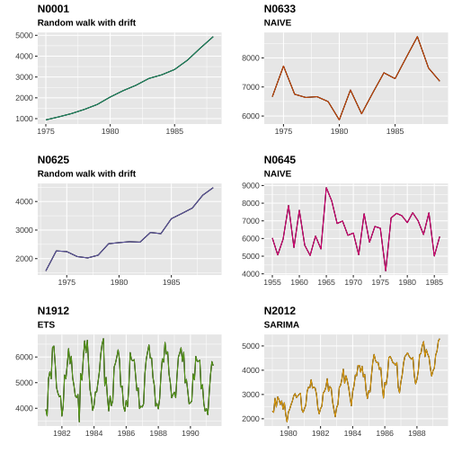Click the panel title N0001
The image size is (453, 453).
coord(53,9)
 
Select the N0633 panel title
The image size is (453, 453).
coord(280,9)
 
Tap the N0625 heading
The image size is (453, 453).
coord(53,160)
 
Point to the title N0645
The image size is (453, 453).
coord(280,160)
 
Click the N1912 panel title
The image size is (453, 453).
coord(53,311)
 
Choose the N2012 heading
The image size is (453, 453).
coord(280,311)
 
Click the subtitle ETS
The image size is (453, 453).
coord(46,324)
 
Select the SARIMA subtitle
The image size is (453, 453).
coord(281,324)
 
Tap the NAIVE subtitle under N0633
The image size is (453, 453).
coord(278,22)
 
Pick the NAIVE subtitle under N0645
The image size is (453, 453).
coord(278,173)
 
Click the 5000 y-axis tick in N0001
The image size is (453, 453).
coord(24,35)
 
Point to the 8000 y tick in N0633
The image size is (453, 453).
coord(251,58)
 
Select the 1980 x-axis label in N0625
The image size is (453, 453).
coord(119,282)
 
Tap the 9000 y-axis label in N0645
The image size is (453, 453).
coord(251,186)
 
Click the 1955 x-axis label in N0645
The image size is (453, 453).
coord(272,282)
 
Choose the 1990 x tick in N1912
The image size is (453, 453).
coord(191,433)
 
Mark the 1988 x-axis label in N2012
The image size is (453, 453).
coord(417,433)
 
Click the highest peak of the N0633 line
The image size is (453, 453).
coord(417,37)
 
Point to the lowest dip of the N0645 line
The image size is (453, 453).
coord(386,271)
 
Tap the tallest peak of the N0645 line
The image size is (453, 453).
coord(326,188)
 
